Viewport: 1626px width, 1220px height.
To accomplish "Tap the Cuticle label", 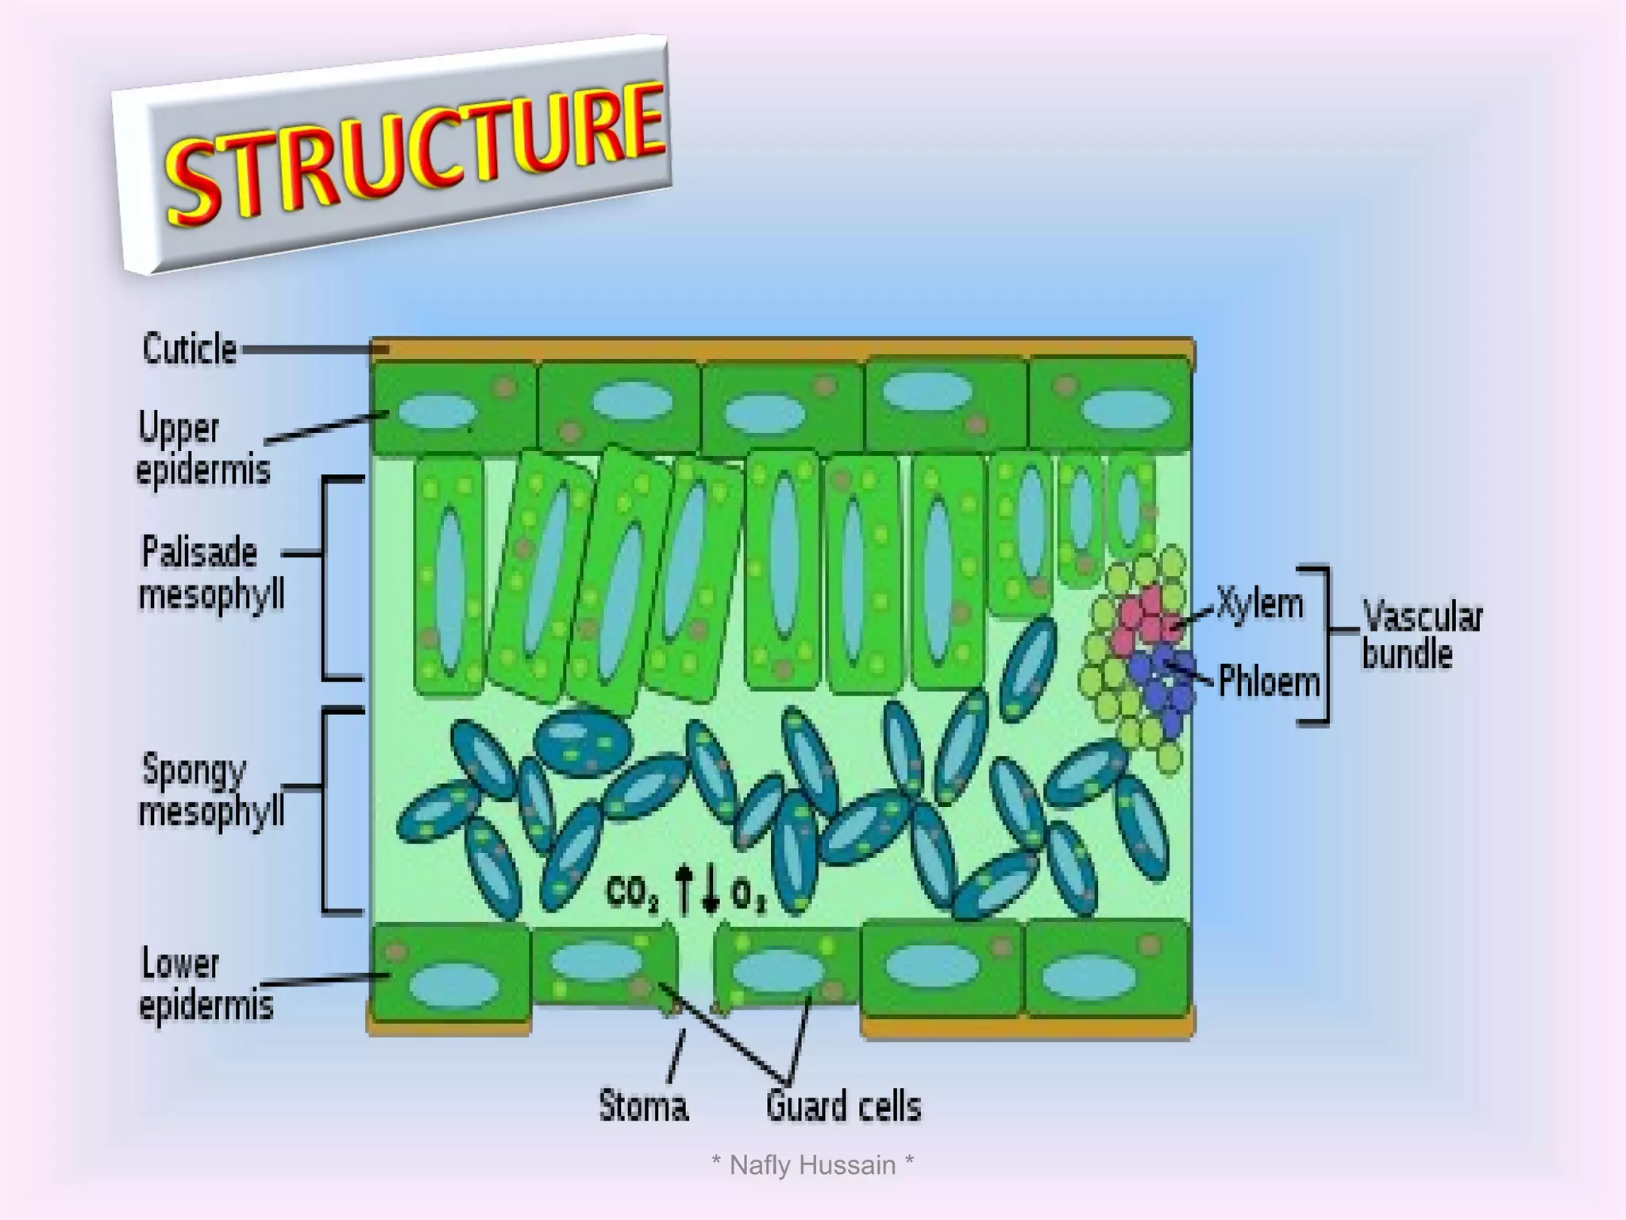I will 190,349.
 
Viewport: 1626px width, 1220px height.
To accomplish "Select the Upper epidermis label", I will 203,449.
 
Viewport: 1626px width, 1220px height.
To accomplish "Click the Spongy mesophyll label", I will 211,790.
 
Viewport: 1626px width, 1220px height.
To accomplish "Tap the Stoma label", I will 643,1106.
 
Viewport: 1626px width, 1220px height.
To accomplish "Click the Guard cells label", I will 843,1106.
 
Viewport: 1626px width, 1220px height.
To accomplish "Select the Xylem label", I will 1260,604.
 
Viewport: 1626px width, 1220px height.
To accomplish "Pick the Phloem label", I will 1268,682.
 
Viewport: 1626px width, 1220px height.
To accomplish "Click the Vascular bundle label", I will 1421,635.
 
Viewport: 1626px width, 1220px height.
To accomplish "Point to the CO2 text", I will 632,893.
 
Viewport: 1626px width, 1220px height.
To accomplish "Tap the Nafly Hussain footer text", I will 812,1165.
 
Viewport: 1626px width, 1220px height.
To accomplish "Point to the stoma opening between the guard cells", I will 696,965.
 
